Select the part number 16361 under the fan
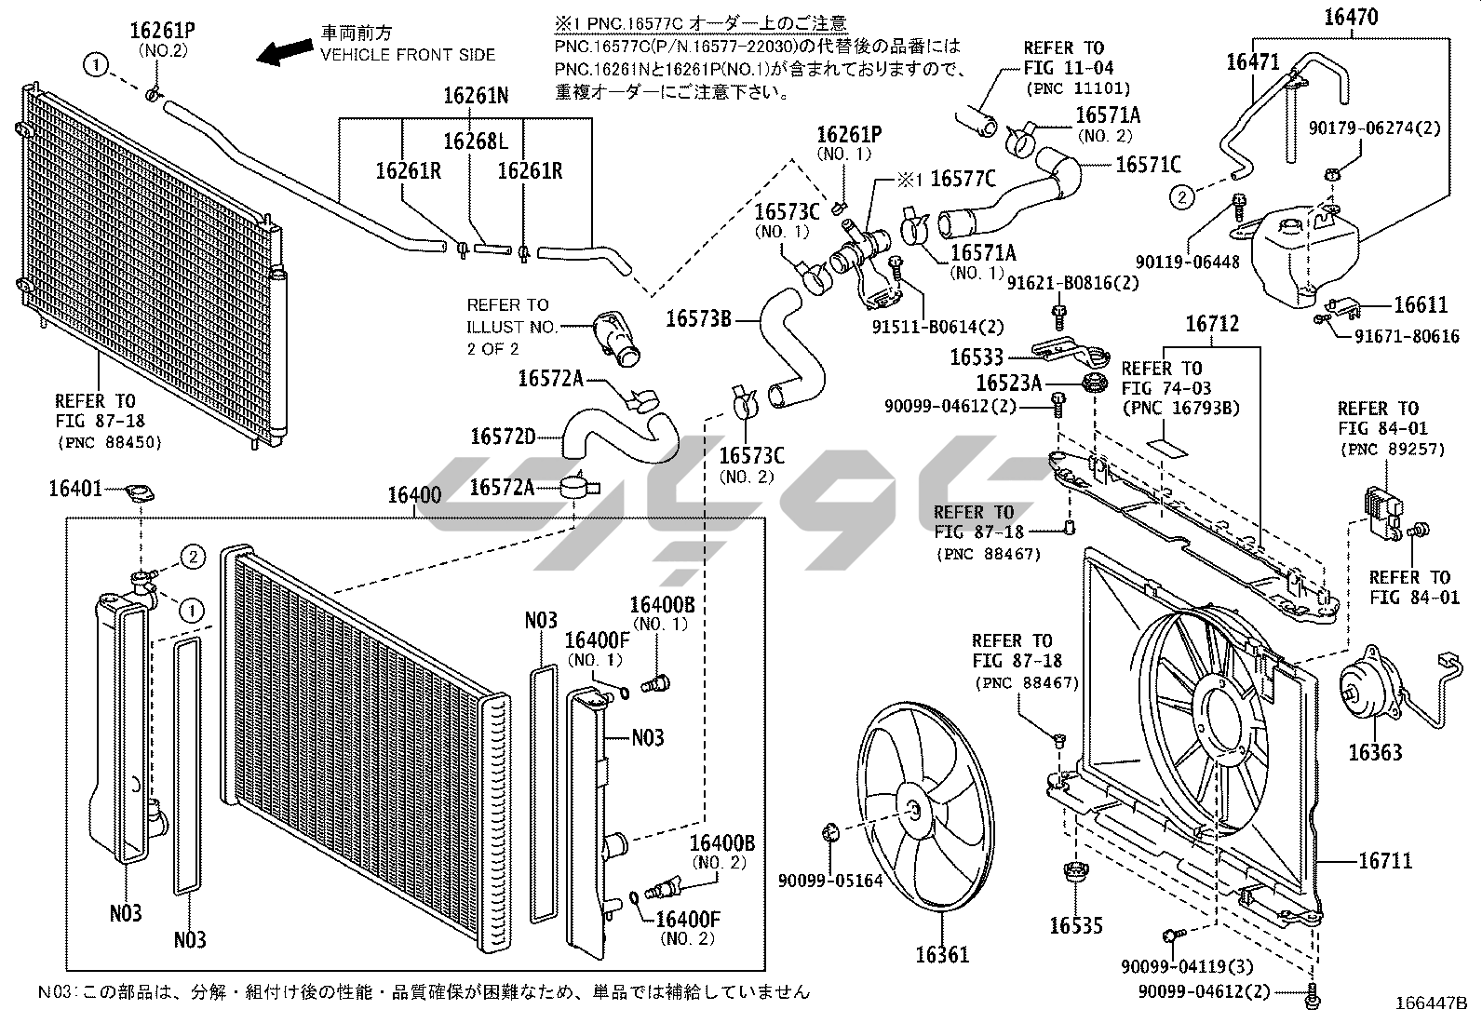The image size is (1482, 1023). click(941, 953)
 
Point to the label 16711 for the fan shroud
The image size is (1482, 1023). click(1385, 861)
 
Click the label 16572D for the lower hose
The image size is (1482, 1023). click(503, 436)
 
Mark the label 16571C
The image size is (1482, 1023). click(1148, 165)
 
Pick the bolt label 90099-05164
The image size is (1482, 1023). click(830, 879)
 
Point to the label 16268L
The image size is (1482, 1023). click(476, 141)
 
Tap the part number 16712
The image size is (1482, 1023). click(1212, 324)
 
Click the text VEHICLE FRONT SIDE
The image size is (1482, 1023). click(409, 55)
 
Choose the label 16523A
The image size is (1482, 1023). click(1008, 383)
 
